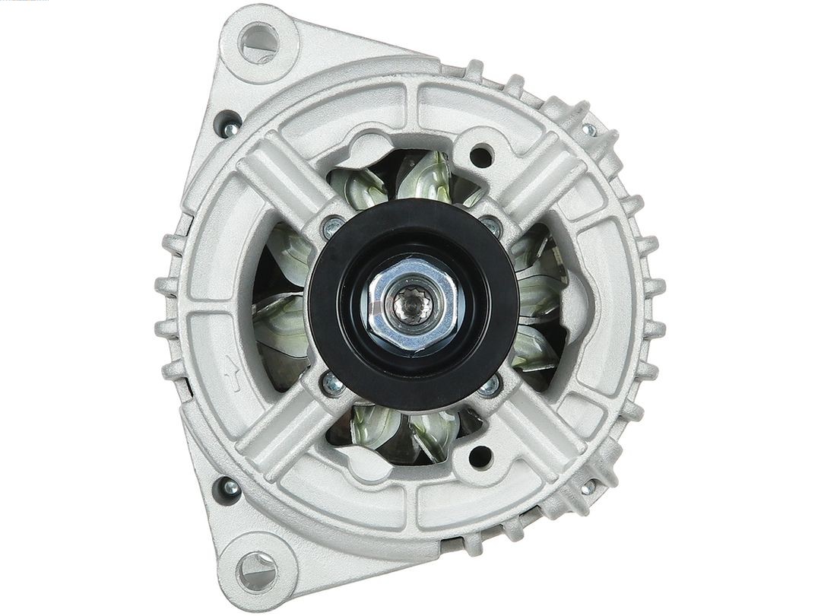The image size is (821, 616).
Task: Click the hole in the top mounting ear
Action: pos(259,42)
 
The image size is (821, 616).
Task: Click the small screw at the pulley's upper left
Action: pos(332,226)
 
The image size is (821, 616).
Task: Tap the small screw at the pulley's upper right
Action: pos(491,225)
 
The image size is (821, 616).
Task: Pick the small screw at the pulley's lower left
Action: pos(332,383)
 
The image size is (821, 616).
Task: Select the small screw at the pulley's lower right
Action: pos(490,386)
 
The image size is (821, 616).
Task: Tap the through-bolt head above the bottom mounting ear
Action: pos(227,487)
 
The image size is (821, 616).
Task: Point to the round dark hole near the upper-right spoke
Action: pos(480,157)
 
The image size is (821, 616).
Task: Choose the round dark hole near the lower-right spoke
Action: pos(480,456)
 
